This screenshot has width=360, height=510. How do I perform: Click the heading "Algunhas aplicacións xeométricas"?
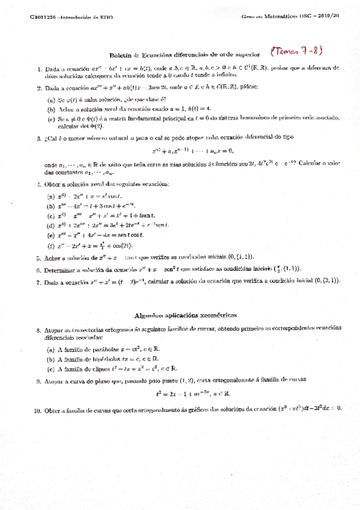(186, 315)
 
